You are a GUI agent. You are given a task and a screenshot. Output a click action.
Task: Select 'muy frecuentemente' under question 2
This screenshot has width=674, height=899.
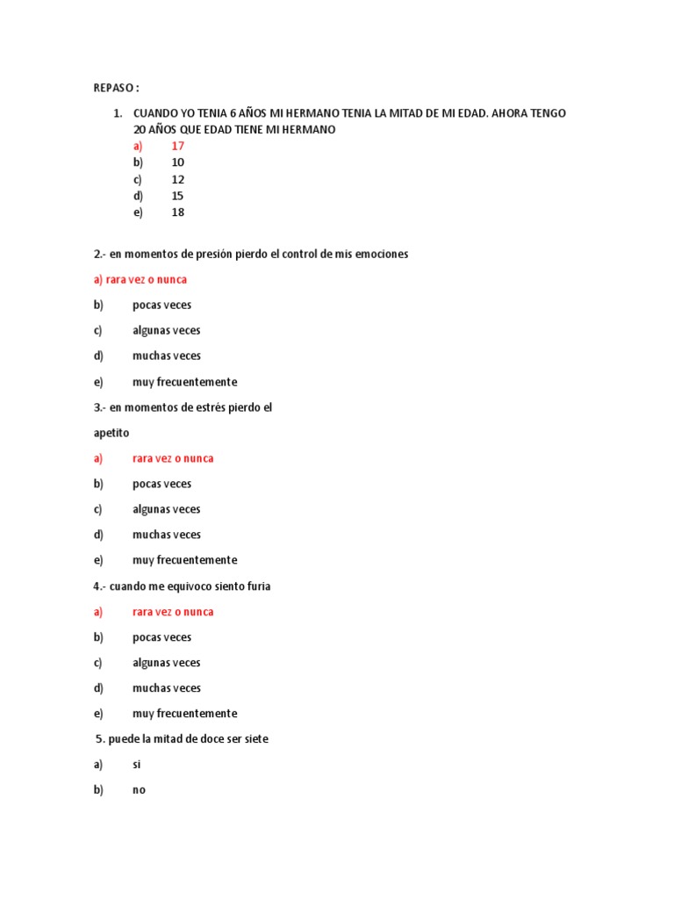point(184,382)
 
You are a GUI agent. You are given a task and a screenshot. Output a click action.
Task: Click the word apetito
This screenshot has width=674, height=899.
point(111,433)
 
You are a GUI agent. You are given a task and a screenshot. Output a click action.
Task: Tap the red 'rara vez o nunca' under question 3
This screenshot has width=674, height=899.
point(173,458)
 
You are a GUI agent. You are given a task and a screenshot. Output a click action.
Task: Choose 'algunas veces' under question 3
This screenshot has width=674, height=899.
point(167,509)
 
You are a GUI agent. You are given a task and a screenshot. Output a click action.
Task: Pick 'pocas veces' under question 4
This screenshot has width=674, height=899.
point(161,637)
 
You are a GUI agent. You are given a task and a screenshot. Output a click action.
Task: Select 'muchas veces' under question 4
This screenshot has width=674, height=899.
point(167,688)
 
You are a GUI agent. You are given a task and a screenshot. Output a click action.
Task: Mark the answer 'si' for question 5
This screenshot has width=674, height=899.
point(137,765)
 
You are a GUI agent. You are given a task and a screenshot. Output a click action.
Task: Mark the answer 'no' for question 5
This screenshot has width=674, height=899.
point(139,790)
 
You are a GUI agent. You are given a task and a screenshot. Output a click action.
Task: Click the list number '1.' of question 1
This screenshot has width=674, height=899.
point(117,113)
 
